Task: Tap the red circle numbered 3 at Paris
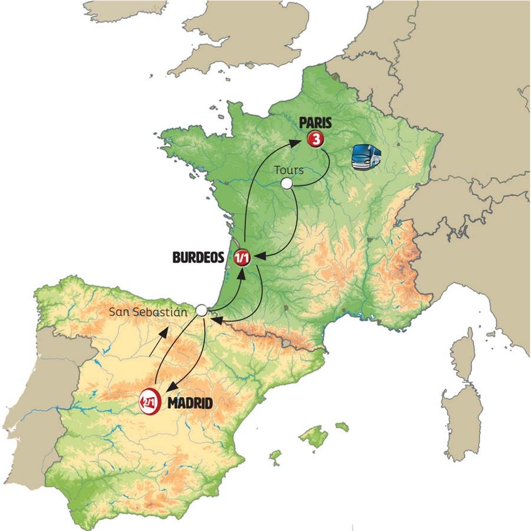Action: (316, 139)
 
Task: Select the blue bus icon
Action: (366, 157)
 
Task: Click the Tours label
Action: (289, 170)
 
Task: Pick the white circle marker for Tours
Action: (287, 184)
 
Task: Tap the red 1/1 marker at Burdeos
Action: (242, 257)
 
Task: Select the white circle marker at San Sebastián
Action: (202, 310)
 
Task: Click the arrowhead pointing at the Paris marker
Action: (300, 141)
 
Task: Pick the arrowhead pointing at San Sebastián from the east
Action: (215, 320)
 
